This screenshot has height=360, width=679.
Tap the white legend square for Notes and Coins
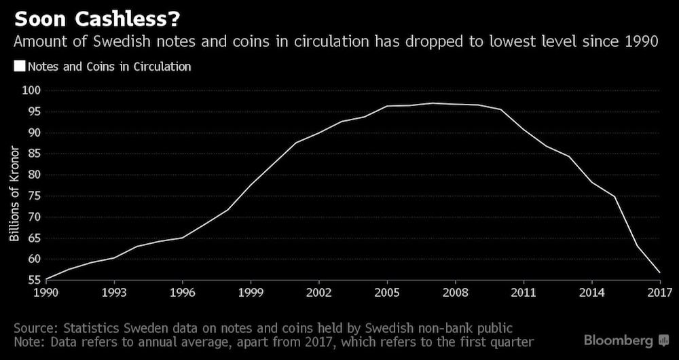(x=19, y=67)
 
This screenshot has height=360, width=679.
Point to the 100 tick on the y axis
(x=32, y=90)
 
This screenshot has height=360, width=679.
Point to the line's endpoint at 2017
(x=659, y=273)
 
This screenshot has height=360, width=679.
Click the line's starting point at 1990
(x=46, y=278)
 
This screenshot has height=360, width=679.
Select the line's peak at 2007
(x=433, y=103)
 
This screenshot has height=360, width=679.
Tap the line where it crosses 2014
(x=591, y=182)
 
